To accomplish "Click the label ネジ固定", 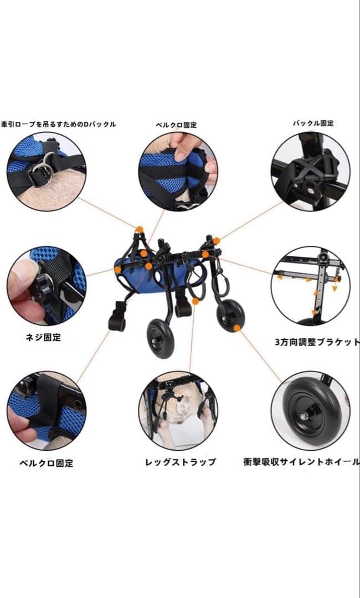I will [x=46, y=337].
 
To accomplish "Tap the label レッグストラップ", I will [x=180, y=462].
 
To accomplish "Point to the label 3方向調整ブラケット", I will [x=316, y=342].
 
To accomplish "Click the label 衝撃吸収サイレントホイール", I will [x=301, y=461].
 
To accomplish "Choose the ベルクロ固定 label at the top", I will [x=176, y=125].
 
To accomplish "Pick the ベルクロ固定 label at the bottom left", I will [x=46, y=463].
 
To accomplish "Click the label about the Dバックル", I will [x=58, y=125].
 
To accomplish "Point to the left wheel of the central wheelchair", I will [x=161, y=338].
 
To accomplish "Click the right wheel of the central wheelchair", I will [x=230, y=316].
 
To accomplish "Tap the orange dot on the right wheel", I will [x=237, y=328].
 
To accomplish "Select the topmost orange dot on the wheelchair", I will [x=140, y=229].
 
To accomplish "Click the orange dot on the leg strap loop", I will [x=196, y=301].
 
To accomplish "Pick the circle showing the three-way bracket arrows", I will [x=310, y=286].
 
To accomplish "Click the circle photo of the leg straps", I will [x=178, y=410].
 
